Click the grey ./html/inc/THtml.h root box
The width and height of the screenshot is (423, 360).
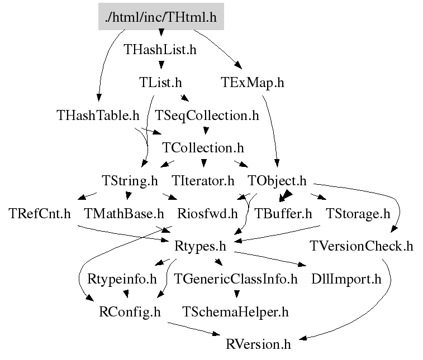[x=161, y=18]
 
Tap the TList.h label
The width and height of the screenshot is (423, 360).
[x=160, y=83]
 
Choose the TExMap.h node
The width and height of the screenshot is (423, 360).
[x=252, y=83]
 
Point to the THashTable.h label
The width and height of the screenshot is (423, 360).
[x=98, y=116]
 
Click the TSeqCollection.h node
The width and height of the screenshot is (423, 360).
[x=207, y=116]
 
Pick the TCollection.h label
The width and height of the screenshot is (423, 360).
[x=203, y=148]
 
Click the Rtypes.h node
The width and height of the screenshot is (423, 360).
[x=201, y=246]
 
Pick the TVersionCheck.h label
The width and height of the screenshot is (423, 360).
[x=362, y=246]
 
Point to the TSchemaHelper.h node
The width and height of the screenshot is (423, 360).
[x=236, y=311]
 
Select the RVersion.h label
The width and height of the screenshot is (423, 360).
[x=258, y=344]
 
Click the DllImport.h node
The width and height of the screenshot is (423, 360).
[x=346, y=279]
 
